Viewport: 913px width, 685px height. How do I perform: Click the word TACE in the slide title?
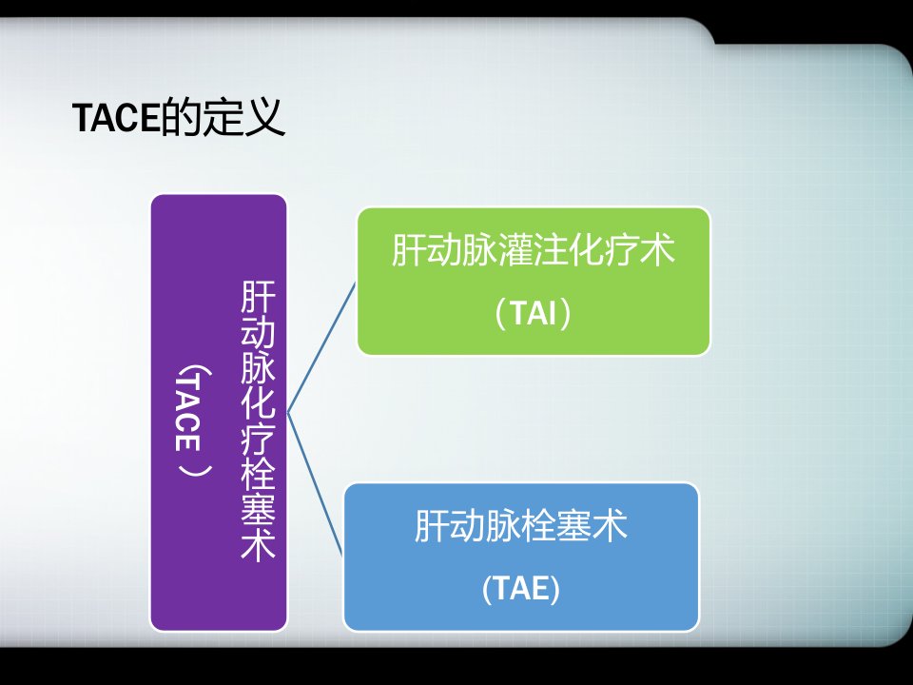116,117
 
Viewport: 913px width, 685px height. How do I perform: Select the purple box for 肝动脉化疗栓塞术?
219,413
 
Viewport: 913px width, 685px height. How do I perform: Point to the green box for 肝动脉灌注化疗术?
534,282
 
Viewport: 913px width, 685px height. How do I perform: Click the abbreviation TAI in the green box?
534,313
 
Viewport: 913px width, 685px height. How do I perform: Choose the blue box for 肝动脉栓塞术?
521,557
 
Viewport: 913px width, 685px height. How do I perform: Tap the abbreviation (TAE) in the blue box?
521,588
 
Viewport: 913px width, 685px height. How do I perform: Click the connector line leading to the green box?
321,348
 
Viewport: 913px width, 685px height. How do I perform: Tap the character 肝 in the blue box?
432,525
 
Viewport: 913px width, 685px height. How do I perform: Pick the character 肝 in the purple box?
258,297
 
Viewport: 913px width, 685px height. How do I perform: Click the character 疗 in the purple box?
258,438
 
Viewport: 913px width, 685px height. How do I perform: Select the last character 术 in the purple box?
258,544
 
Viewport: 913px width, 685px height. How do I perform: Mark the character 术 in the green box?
658,250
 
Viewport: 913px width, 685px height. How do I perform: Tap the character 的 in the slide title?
181,117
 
